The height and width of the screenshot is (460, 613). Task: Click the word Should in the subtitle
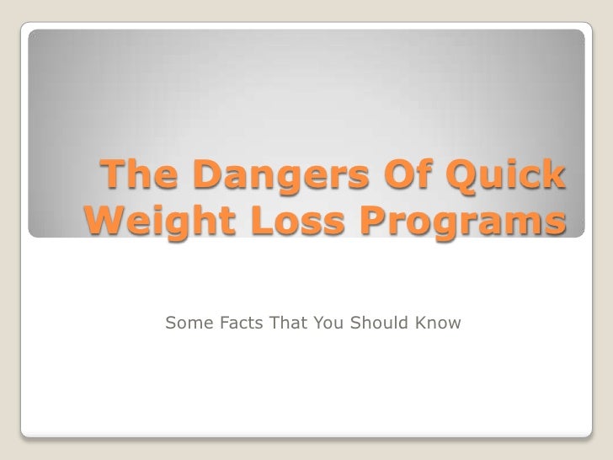(376, 324)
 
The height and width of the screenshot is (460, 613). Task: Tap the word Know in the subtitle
(437, 324)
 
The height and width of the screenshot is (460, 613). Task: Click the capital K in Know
(421, 324)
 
